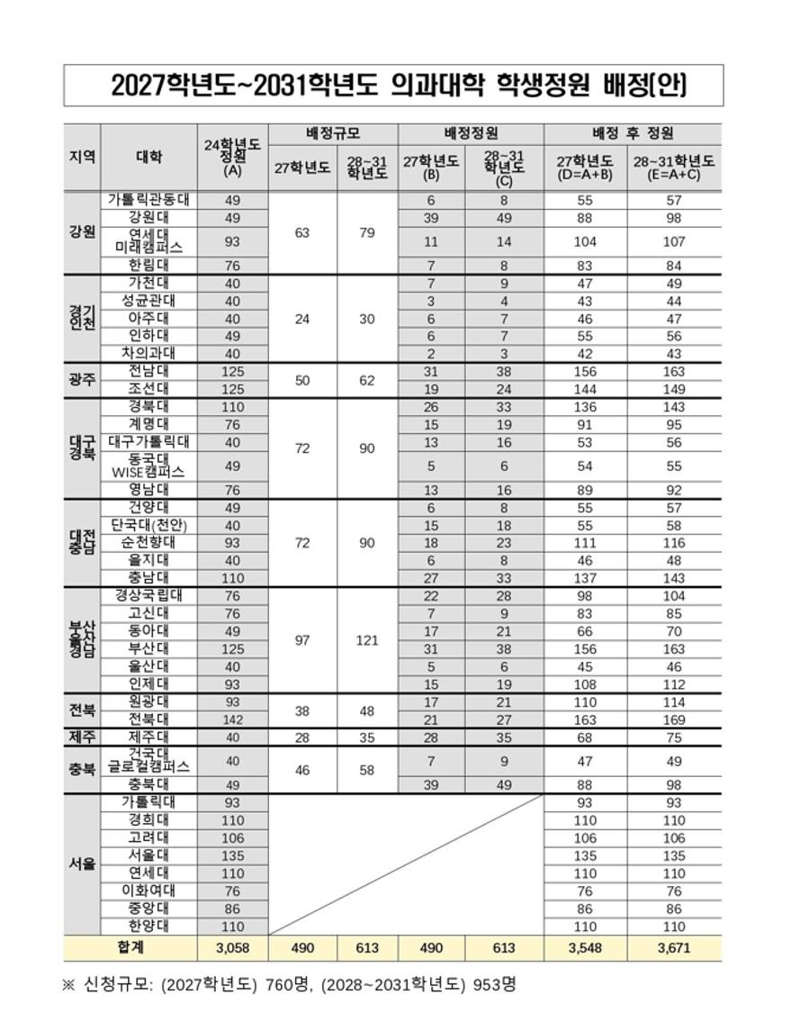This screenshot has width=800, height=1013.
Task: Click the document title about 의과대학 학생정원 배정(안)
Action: tap(399, 86)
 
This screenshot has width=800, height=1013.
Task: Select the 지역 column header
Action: tap(81, 157)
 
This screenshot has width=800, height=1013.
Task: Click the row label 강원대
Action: tap(148, 218)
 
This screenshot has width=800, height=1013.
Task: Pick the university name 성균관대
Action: tap(148, 301)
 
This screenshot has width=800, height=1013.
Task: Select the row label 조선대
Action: tap(148, 389)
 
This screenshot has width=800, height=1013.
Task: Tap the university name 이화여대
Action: tap(148, 891)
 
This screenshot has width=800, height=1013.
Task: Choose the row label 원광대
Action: tap(148, 701)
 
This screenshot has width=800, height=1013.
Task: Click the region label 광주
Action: tap(81, 379)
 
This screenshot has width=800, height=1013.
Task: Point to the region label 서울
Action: tap(81, 864)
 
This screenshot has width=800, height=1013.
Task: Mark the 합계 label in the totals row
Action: tap(130, 947)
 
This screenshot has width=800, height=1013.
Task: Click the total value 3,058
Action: tap(232, 948)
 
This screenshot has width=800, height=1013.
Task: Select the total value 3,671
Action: tap(673, 948)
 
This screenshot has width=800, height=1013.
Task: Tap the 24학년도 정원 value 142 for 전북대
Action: tap(232, 719)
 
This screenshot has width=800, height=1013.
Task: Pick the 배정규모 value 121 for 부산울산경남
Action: tap(367, 640)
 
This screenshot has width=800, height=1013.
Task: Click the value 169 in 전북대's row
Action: tap(673, 719)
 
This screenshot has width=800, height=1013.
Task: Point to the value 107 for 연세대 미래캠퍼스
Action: tap(673, 241)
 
